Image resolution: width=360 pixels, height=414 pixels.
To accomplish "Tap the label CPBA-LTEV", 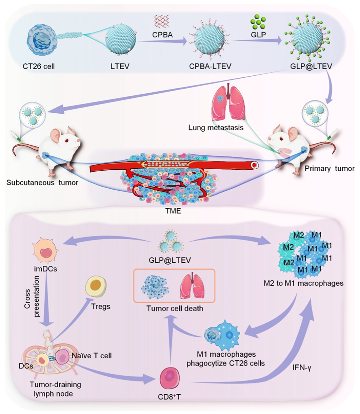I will click(x=210, y=66).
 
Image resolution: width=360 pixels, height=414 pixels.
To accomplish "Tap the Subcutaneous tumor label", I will click(x=42, y=183).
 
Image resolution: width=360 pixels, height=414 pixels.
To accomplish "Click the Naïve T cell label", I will click(x=92, y=356).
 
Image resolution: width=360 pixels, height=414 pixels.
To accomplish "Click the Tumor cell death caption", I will click(x=176, y=308).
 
